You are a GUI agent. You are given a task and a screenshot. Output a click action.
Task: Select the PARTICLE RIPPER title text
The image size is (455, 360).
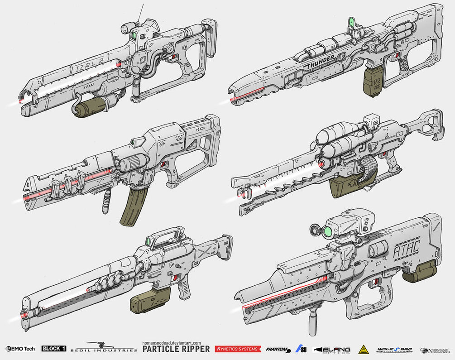[x=176, y=349]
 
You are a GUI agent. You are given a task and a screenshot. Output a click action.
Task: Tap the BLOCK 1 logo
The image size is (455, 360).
[x=54, y=349]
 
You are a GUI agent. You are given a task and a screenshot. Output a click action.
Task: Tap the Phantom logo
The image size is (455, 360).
[x=277, y=349]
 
